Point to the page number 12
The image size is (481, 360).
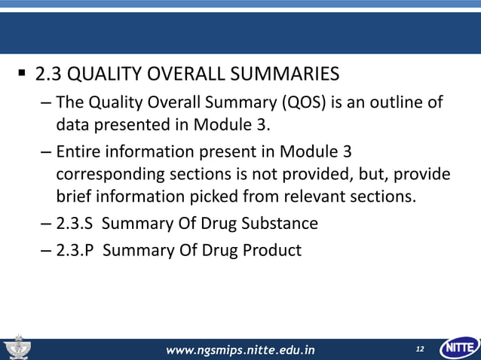coord(419,349)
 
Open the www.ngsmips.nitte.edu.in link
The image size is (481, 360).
coord(240,349)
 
